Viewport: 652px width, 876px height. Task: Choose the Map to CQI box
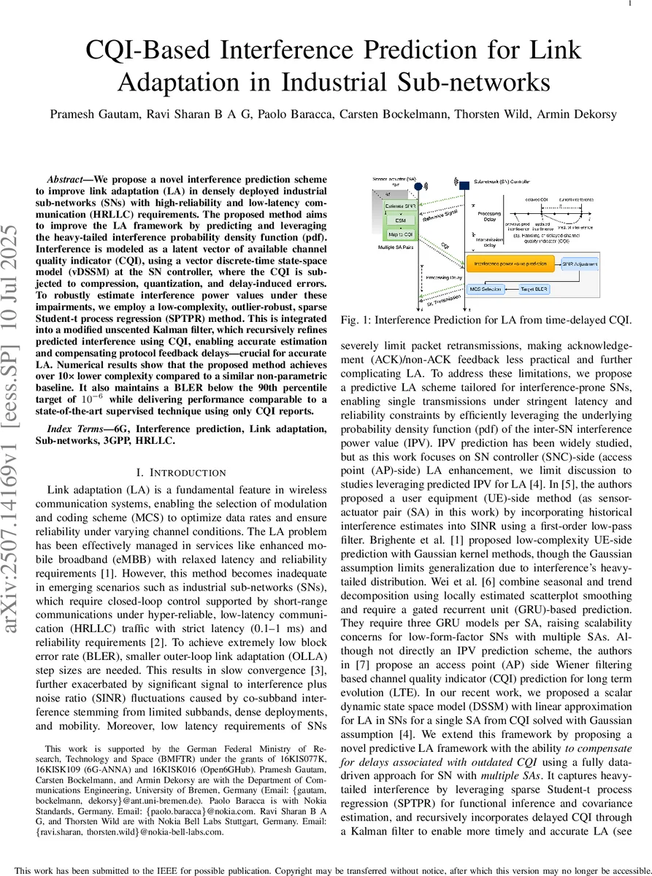tap(400, 234)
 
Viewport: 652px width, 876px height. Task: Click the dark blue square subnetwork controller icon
tap(464, 186)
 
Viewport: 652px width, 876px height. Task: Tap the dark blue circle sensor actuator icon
tap(418, 186)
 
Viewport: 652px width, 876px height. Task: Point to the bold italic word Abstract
tap(67, 180)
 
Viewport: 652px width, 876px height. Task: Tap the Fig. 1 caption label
tap(356, 319)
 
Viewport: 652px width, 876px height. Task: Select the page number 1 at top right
tap(629, 4)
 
